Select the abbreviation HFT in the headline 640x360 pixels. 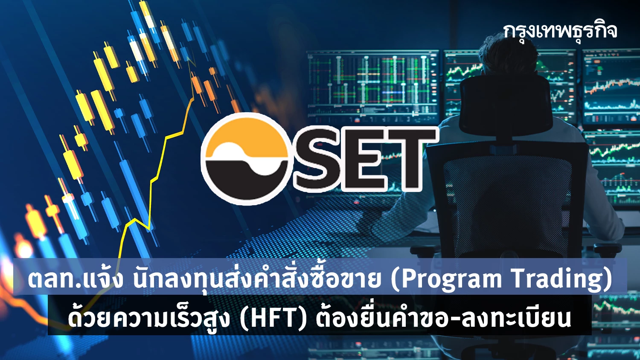(x=273, y=317)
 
